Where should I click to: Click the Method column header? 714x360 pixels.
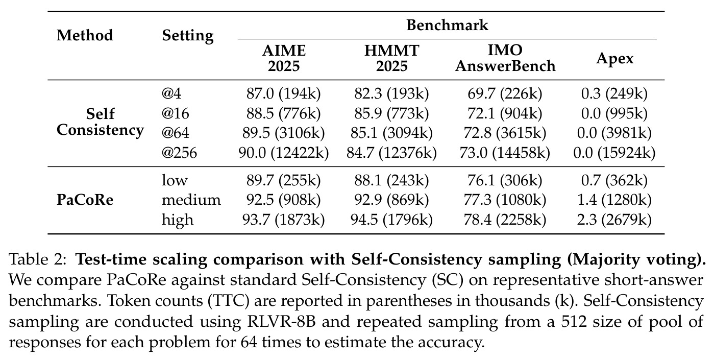(85, 35)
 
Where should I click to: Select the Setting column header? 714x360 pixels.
(188, 36)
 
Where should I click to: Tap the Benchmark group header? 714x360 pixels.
(447, 25)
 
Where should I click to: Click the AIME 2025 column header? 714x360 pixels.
(284, 58)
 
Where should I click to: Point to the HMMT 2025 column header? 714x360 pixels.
(392, 58)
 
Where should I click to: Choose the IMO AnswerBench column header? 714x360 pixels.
(505, 58)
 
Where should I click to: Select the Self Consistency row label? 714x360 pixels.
(100, 122)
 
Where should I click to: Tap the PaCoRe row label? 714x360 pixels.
(85, 200)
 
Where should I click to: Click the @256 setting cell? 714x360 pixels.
(179, 152)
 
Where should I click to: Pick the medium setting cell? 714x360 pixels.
(191, 200)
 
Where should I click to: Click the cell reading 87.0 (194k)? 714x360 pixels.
(283, 93)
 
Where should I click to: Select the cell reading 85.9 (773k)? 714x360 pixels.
(391, 113)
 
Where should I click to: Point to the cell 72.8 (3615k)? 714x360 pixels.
(505, 133)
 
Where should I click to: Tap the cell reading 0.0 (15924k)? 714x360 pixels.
(614, 153)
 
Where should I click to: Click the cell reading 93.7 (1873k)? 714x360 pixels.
(283, 220)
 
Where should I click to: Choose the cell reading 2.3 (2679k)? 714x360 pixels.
(614, 220)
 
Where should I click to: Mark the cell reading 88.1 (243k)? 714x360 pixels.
(391, 180)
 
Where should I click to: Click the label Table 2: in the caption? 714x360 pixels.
(38, 259)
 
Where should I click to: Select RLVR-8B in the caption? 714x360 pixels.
(281, 321)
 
